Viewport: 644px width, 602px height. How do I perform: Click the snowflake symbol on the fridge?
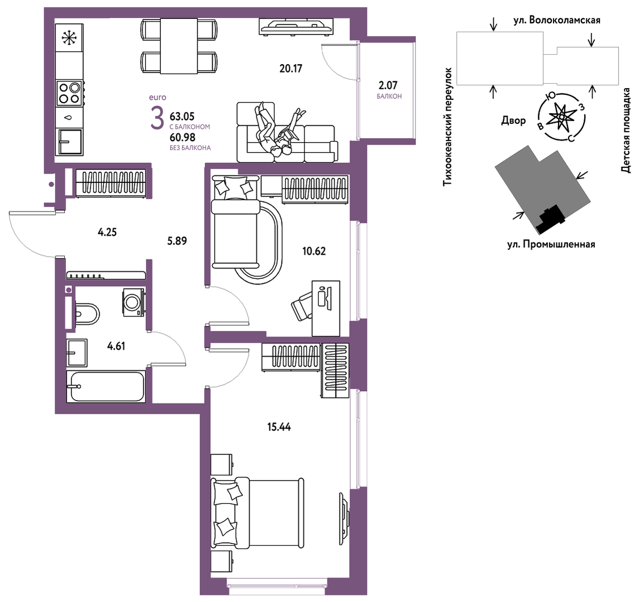point(69,38)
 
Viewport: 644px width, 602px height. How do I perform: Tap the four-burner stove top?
point(69,93)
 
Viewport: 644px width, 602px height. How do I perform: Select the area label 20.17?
point(291,69)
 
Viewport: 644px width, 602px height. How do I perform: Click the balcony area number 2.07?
point(388,85)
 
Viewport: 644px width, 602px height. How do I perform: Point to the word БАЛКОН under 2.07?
point(389,97)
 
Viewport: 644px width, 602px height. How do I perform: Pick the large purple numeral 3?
point(157,119)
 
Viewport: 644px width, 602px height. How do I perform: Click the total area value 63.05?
point(182,117)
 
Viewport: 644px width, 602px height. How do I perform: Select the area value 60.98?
point(182,137)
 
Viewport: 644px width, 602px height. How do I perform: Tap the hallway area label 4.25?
point(107,232)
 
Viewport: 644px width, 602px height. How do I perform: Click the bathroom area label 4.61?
point(116,346)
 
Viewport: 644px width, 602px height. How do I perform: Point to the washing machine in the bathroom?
point(134,302)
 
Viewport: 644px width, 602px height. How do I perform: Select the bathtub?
point(107,387)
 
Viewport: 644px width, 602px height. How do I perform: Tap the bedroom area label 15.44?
point(279,427)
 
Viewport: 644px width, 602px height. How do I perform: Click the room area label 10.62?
point(314,251)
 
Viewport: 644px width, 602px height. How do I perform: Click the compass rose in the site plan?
point(561,117)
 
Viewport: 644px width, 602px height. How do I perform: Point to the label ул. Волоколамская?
point(557,20)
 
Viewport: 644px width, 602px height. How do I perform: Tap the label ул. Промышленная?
point(551,244)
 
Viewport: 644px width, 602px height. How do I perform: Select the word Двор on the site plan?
point(513,121)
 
